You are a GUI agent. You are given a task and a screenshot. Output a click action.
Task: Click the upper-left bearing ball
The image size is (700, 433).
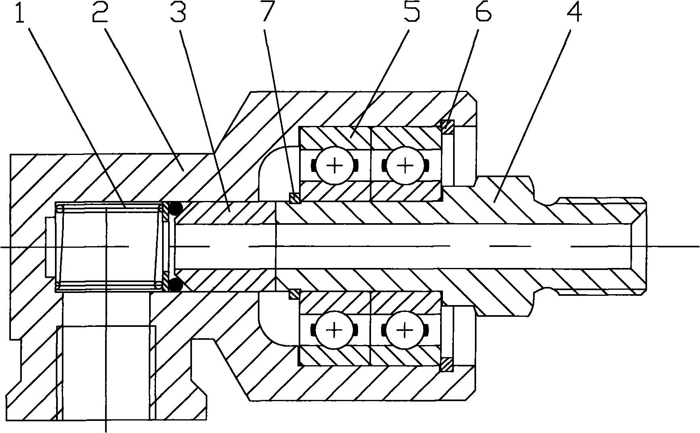click(x=334, y=165)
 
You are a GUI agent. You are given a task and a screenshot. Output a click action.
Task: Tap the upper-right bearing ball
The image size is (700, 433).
click(x=405, y=165)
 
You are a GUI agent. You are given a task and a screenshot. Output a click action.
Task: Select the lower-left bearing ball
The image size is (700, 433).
click(x=334, y=330)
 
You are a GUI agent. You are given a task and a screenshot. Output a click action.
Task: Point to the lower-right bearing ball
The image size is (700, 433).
click(x=405, y=330)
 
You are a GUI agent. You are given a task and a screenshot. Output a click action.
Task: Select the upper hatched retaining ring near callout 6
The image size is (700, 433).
click(x=447, y=127)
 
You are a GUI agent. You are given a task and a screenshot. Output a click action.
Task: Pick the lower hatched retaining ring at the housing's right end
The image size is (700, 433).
click(x=447, y=364)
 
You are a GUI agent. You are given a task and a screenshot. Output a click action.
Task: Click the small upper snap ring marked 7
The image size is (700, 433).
click(x=295, y=197)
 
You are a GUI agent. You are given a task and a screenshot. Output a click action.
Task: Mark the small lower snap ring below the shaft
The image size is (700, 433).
click(x=295, y=294)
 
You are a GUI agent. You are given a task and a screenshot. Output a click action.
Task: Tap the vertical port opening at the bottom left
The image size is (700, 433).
click(x=106, y=373)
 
